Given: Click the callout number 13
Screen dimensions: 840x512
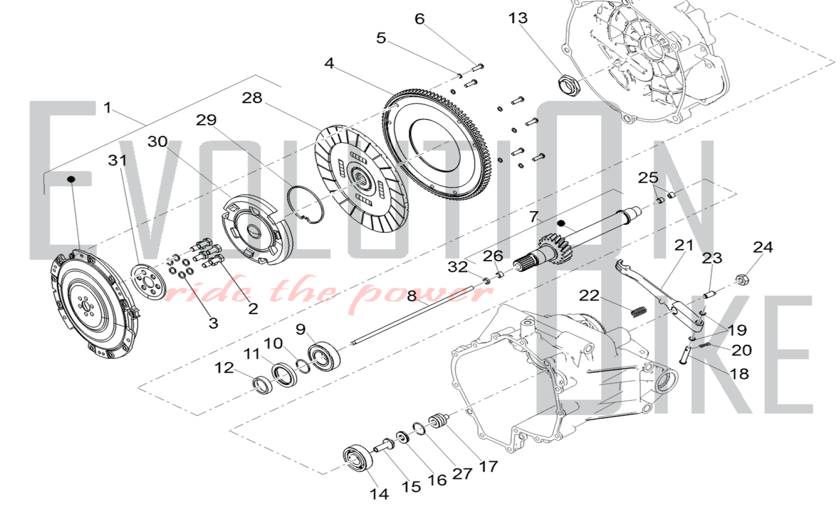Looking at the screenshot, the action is (518, 18).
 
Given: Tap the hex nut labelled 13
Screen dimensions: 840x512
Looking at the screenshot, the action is (570, 84).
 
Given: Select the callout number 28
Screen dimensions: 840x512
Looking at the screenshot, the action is (252, 98).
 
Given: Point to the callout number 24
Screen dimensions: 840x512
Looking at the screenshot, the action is (763, 247).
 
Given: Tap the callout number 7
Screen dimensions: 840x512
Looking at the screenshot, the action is (533, 217).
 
